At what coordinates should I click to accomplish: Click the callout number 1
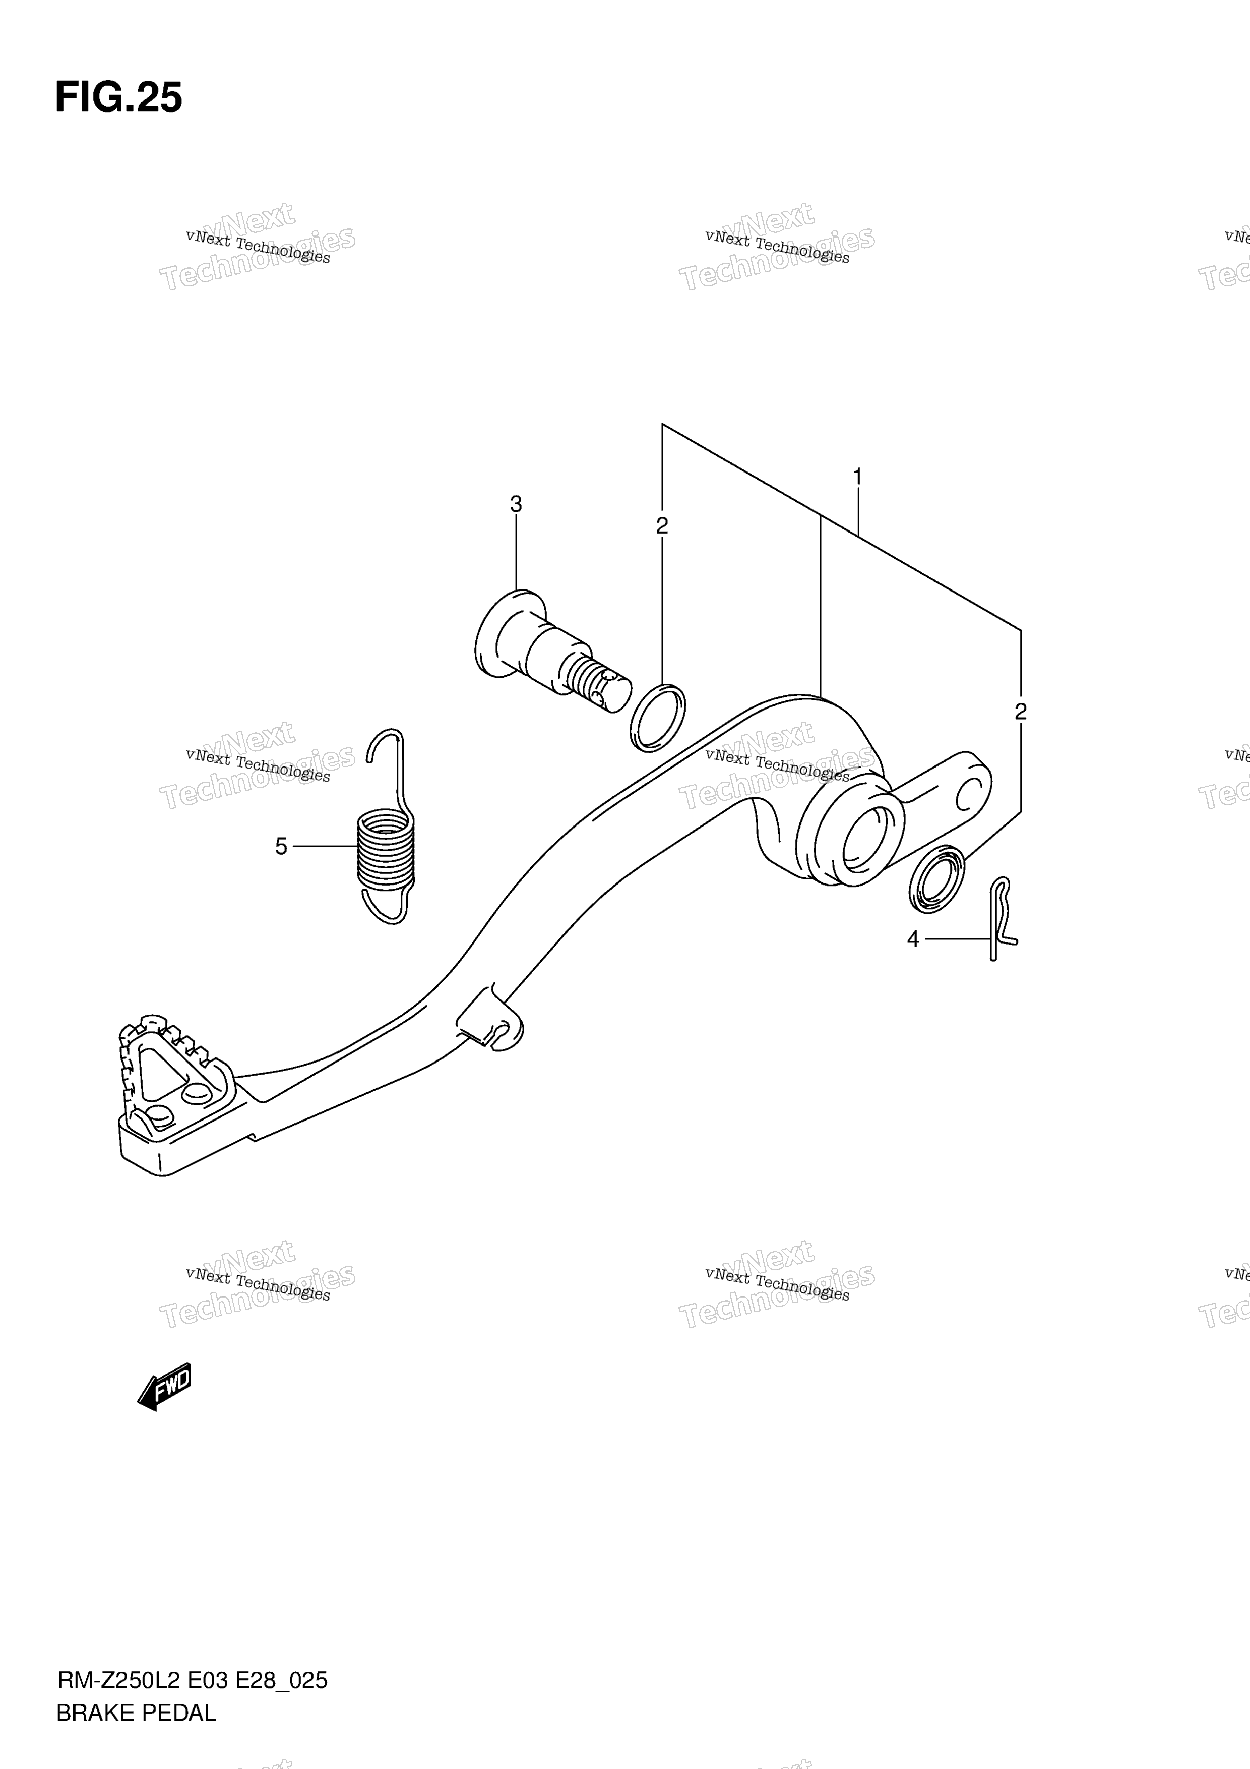pos(857,478)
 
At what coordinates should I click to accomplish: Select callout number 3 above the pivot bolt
pos(516,505)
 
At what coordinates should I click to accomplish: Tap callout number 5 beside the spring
pos(281,846)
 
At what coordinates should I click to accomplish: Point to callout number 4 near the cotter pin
pos(913,939)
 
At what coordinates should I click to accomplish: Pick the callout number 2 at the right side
pos(1021,711)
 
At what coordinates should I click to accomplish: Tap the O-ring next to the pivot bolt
pos(658,717)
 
